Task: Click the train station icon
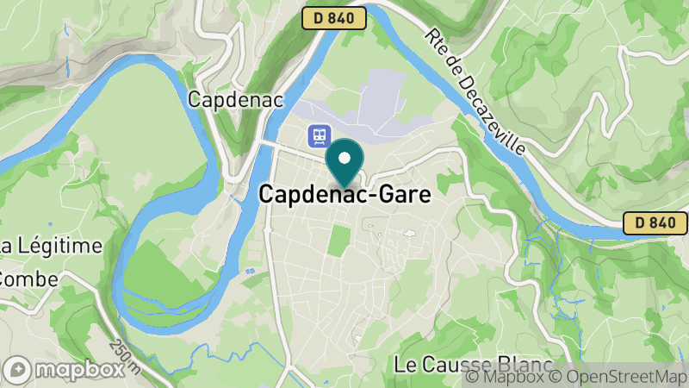[x=320, y=135]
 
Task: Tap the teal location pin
[x=345, y=164]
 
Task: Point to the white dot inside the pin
[x=345, y=158]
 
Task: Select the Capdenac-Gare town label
[x=344, y=196]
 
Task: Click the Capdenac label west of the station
[x=223, y=100]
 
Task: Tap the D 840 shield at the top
[x=334, y=18]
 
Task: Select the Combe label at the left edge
[x=29, y=278]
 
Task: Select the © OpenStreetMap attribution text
[x=618, y=376]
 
